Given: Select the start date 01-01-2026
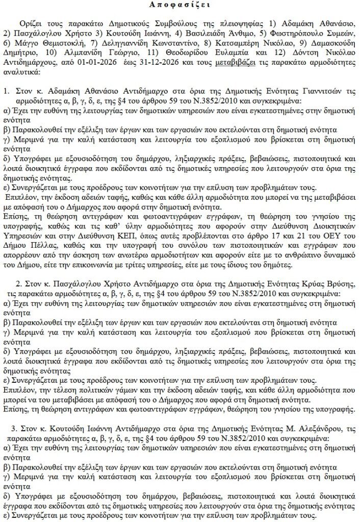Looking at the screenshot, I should pyautogui.click(x=108, y=65).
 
